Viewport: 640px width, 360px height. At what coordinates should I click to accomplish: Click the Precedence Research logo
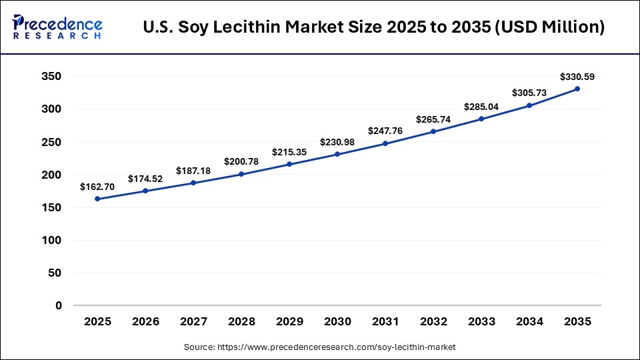[x=57, y=27]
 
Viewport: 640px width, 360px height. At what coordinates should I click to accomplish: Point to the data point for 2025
[x=97, y=199]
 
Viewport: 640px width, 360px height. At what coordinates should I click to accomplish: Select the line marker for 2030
[x=337, y=154]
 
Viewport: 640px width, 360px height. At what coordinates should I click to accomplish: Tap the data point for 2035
[x=577, y=89]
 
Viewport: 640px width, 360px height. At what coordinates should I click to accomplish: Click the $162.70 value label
[x=97, y=187]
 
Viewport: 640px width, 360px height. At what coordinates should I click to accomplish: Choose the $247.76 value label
[x=385, y=131]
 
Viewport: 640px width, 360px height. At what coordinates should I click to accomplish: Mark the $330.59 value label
[x=577, y=77]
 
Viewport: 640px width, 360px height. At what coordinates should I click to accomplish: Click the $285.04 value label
[x=481, y=107]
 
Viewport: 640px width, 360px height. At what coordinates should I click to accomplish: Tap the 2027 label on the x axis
[x=193, y=322]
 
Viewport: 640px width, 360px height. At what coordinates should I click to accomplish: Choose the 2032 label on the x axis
[x=433, y=322]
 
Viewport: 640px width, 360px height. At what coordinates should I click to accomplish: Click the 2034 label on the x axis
[x=529, y=322]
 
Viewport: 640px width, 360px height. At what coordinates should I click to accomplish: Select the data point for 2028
[x=241, y=174]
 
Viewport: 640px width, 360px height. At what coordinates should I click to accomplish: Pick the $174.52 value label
[x=145, y=179]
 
